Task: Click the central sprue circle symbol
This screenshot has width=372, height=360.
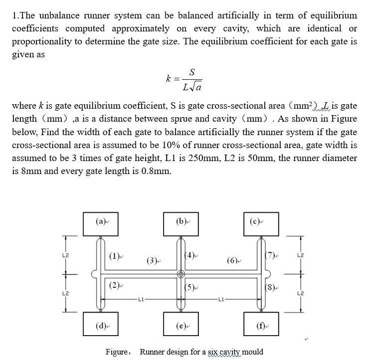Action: [182, 274]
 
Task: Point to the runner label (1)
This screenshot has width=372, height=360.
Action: [114, 257]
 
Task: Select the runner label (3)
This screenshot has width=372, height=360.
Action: [152, 260]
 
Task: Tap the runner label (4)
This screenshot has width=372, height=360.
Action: [190, 256]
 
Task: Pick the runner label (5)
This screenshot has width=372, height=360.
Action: [190, 287]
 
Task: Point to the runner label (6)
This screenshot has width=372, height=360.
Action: [232, 260]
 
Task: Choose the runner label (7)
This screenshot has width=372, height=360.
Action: [270, 256]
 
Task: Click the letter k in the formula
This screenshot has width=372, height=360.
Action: [169, 79]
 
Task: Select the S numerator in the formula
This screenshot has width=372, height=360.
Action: [192, 72]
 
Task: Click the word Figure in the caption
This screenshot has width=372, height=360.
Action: [117, 352]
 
